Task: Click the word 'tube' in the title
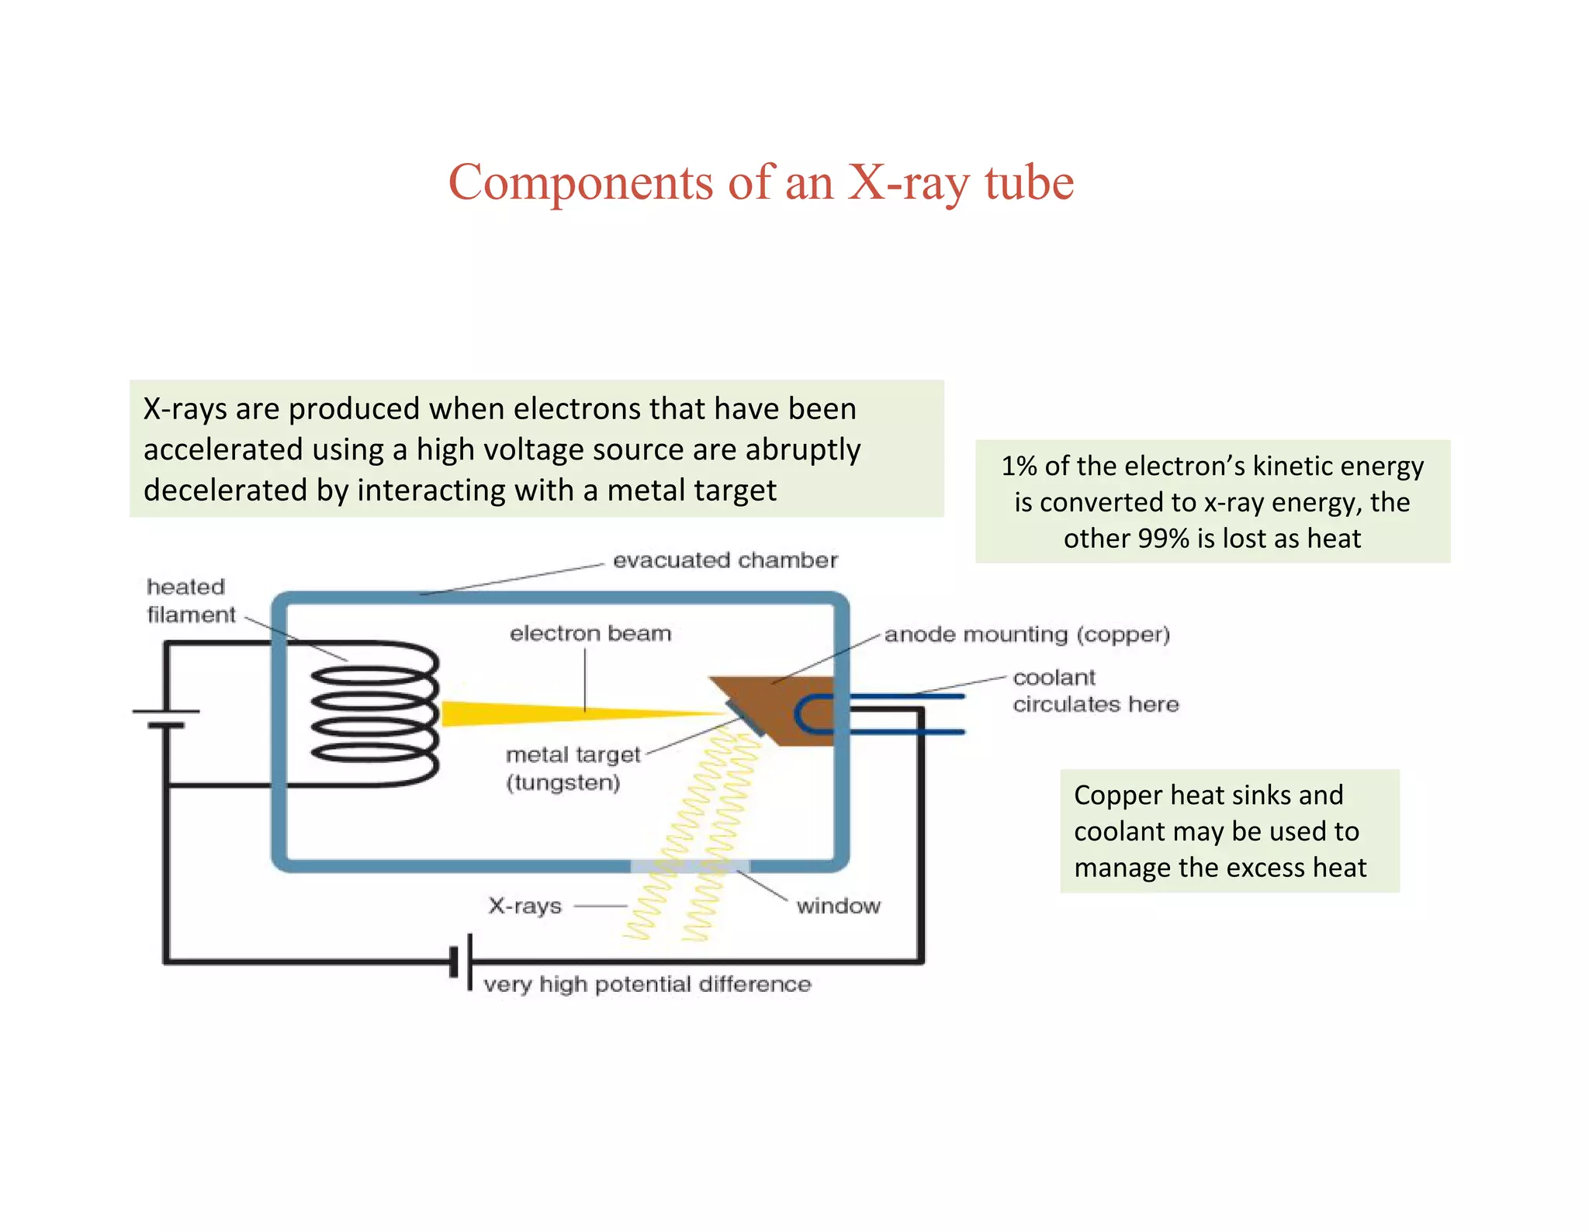click(x=1029, y=182)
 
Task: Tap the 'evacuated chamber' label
click(x=725, y=560)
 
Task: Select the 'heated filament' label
click(x=190, y=601)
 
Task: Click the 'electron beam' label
click(x=590, y=633)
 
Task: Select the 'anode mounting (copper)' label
click(x=1026, y=635)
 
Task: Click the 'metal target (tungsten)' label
click(x=573, y=768)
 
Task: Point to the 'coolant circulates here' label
click(x=1094, y=691)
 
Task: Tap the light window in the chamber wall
click(x=689, y=865)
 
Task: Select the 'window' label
click(x=838, y=906)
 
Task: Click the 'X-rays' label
click(x=524, y=906)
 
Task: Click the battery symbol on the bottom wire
click(x=462, y=962)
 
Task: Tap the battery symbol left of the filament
click(x=166, y=718)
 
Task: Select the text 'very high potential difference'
click(x=646, y=984)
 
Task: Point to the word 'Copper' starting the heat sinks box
click(x=1117, y=796)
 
